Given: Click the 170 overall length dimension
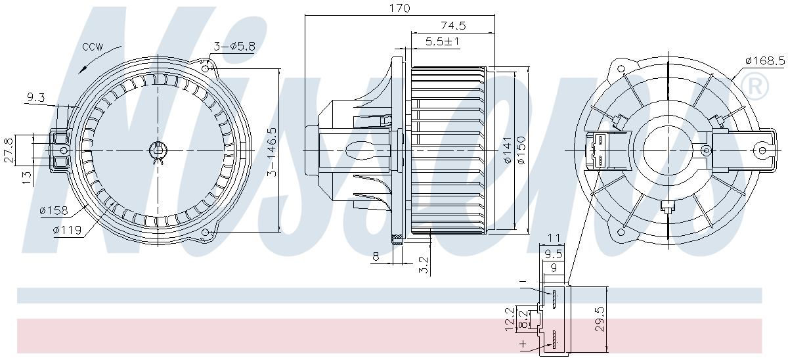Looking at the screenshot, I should (x=399, y=8).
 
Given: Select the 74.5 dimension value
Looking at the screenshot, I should (x=452, y=26).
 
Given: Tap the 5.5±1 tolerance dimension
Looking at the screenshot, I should (x=442, y=41).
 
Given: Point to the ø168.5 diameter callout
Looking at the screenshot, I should (x=765, y=60).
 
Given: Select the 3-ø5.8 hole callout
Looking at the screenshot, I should (x=229, y=46).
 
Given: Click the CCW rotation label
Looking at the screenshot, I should (x=93, y=47).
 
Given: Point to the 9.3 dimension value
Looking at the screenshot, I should (x=35, y=98).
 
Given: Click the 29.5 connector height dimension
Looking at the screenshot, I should (x=598, y=319).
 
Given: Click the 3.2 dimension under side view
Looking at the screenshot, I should (x=424, y=265).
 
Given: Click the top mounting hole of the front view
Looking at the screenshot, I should (x=206, y=68).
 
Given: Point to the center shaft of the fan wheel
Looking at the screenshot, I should (x=156, y=150).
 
